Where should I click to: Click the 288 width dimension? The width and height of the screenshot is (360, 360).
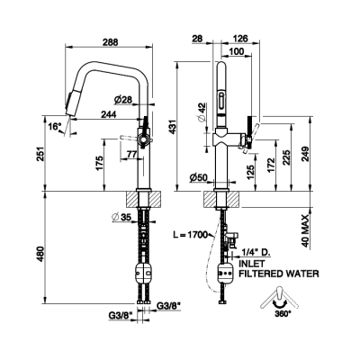point(111,42)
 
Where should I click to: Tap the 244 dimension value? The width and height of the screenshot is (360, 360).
point(108,114)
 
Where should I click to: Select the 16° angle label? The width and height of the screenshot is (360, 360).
point(55,127)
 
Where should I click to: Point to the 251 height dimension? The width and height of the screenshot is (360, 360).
point(40,154)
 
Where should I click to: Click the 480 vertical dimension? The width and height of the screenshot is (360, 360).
point(40,255)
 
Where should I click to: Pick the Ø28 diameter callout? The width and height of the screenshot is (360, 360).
point(122,99)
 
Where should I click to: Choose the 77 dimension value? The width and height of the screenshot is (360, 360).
point(130,155)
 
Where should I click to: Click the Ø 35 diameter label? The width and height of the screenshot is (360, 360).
point(121,217)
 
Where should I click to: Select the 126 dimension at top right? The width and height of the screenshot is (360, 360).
point(240,39)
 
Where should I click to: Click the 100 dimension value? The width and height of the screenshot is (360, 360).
point(237,51)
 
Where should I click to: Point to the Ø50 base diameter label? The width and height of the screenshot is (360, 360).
point(198,178)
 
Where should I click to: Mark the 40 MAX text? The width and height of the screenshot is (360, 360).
point(305,231)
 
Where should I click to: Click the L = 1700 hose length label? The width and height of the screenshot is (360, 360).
point(190,235)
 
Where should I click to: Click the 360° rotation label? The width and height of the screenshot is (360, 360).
point(283,314)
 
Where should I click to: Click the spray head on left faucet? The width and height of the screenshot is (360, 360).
point(71,103)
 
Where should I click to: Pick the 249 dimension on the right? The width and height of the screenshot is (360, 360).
point(305,154)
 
